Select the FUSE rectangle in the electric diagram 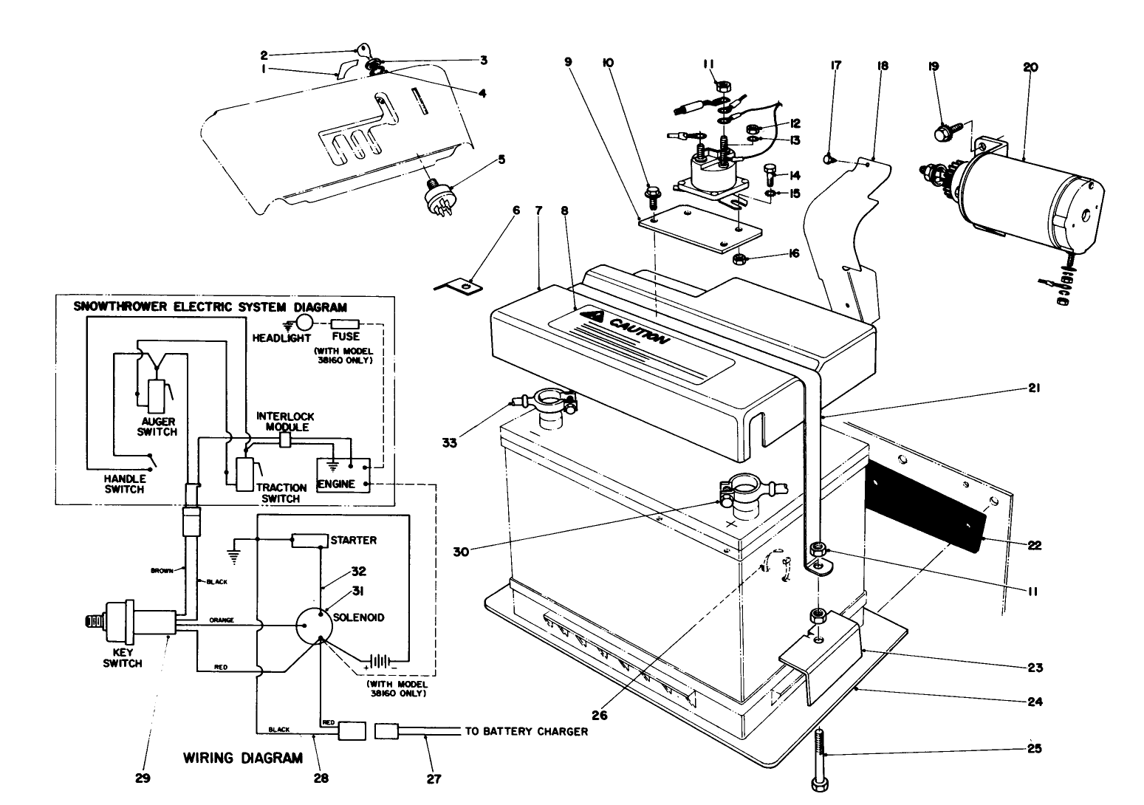(346, 323)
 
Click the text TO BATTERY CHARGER (526, 732)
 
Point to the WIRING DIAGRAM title (242, 758)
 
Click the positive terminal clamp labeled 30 (746, 491)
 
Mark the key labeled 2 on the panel (363, 50)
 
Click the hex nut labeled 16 (739, 259)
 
